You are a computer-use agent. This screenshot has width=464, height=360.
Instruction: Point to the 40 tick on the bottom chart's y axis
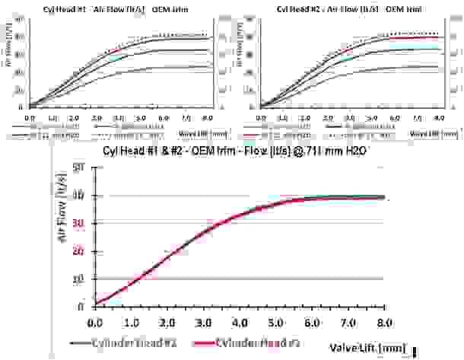[x=78, y=195]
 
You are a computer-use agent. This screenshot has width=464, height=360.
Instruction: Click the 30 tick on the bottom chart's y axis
[x=78, y=223]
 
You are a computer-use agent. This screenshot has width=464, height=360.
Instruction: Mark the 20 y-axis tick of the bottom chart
[x=78, y=251]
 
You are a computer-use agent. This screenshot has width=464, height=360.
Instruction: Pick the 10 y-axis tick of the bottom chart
[x=78, y=279]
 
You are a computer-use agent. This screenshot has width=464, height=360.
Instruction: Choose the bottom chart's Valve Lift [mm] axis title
[x=367, y=349]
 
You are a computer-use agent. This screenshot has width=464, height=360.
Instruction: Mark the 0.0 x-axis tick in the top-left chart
[x=30, y=119]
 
